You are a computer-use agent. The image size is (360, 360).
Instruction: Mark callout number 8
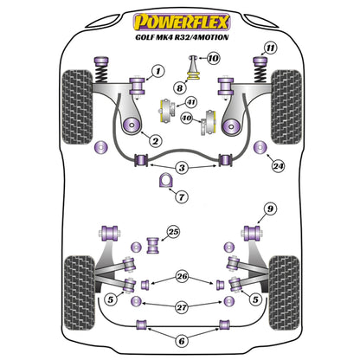pos(180,87)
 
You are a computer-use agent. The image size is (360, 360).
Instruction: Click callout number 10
pos(214,59)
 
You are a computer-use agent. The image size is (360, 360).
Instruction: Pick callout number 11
pos(271,47)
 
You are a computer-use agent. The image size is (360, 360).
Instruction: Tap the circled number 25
pos(173,232)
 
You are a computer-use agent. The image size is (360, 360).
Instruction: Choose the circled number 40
pos(186,119)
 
